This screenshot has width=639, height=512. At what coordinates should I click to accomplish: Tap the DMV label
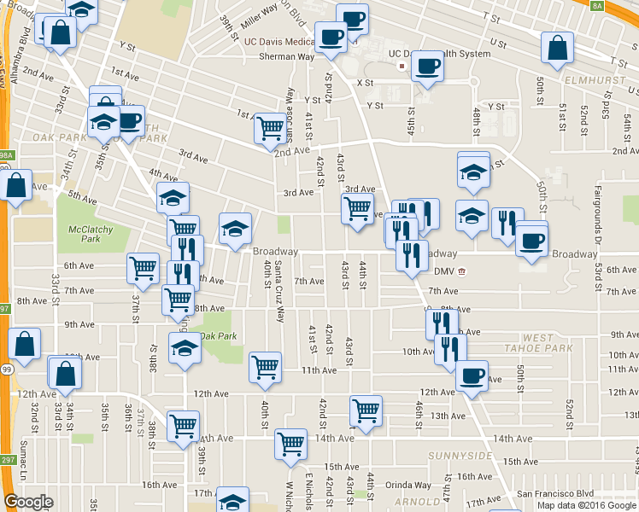coord(443,272)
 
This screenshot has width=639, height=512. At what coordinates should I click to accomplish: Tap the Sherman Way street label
coord(286,56)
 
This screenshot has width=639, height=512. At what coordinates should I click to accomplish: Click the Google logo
coord(28,502)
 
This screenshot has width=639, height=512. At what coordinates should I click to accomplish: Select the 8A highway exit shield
coord(621,5)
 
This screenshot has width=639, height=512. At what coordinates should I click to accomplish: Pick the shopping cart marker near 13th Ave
coord(366,410)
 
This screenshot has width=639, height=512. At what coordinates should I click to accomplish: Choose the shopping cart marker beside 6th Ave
coord(143,267)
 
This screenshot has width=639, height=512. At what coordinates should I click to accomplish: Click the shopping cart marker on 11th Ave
coord(265,366)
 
